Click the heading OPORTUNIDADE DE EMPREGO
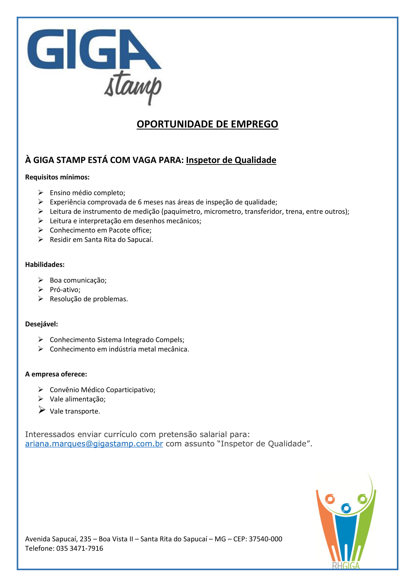pyautogui.click(x=207, y=124)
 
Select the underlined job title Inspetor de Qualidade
pyautogui.click(x=231, y=160)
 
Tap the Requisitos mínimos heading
pyautogui.click(x=57, y=177)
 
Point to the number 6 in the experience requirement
pyautogui.click(x=140, y=202)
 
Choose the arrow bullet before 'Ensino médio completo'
pyautogui.click(x=41, y=192)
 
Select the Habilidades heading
pyautogui.click(x=45, y=264)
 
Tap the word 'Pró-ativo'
pyautogui.click(x=65, y=289)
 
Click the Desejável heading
pyautogui.click(x=41, y=324)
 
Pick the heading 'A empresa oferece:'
pyautogui.click(x=56, y=374)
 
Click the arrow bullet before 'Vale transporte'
pyautogui.click(x=42, y=410)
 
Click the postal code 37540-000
pyautogui.click(x=265, y=539)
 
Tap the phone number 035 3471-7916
pyautogui.click(x=80, y=548)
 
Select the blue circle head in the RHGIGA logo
pyautogui.click(x=346, y=508)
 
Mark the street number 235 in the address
pyautogui.click(x=85, y=539)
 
